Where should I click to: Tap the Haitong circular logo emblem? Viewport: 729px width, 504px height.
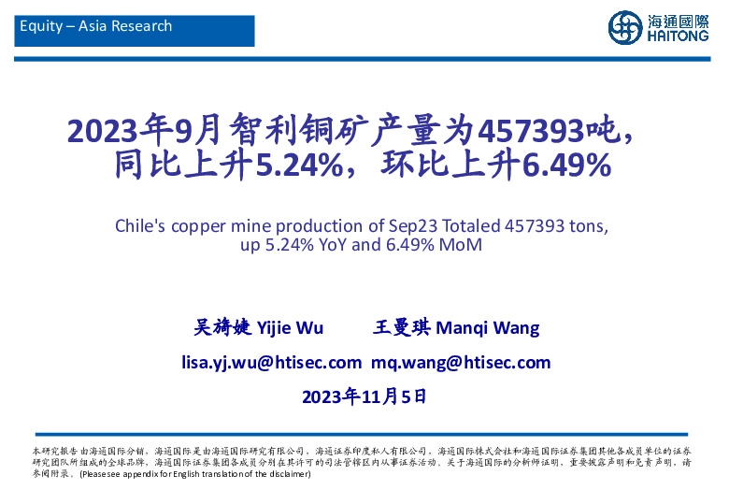coord(624,27)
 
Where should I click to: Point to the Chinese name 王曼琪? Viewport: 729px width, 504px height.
coord(400,328)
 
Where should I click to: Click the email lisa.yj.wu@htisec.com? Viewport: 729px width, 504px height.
coord(271,362)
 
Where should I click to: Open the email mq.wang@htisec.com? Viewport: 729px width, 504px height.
coord(461,362)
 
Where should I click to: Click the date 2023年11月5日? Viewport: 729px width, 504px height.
coord(364,396)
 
